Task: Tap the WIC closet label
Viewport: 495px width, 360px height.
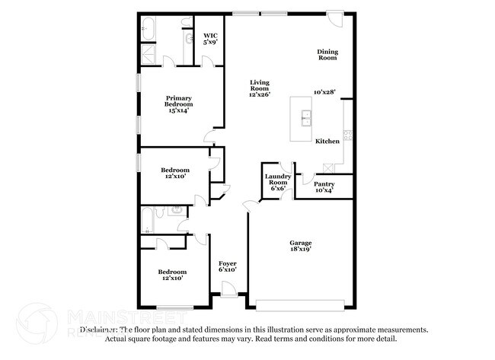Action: pos(210,35)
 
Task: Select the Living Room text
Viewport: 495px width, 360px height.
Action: pos(260,84)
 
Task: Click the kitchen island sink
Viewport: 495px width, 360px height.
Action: pos(306,117)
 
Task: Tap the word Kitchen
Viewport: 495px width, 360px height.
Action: pos(327,142)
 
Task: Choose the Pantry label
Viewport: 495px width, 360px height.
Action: pos(324,183)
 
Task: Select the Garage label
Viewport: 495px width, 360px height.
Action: pos(299,243)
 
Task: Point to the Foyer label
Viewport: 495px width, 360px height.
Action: pos(228,263)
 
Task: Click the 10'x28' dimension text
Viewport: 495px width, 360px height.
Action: pos(325,92)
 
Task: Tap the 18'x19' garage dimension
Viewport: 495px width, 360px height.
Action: pos(299,249)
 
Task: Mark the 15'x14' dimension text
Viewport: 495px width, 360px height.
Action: pos(180,110)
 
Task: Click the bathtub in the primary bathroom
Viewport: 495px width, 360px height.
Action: pos(148,31)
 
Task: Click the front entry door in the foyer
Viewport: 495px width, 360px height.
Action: pos(228,288)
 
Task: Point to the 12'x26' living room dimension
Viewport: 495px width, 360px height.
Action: pos(260,94)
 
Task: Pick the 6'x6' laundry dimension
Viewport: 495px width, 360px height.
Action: pos(277,188)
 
